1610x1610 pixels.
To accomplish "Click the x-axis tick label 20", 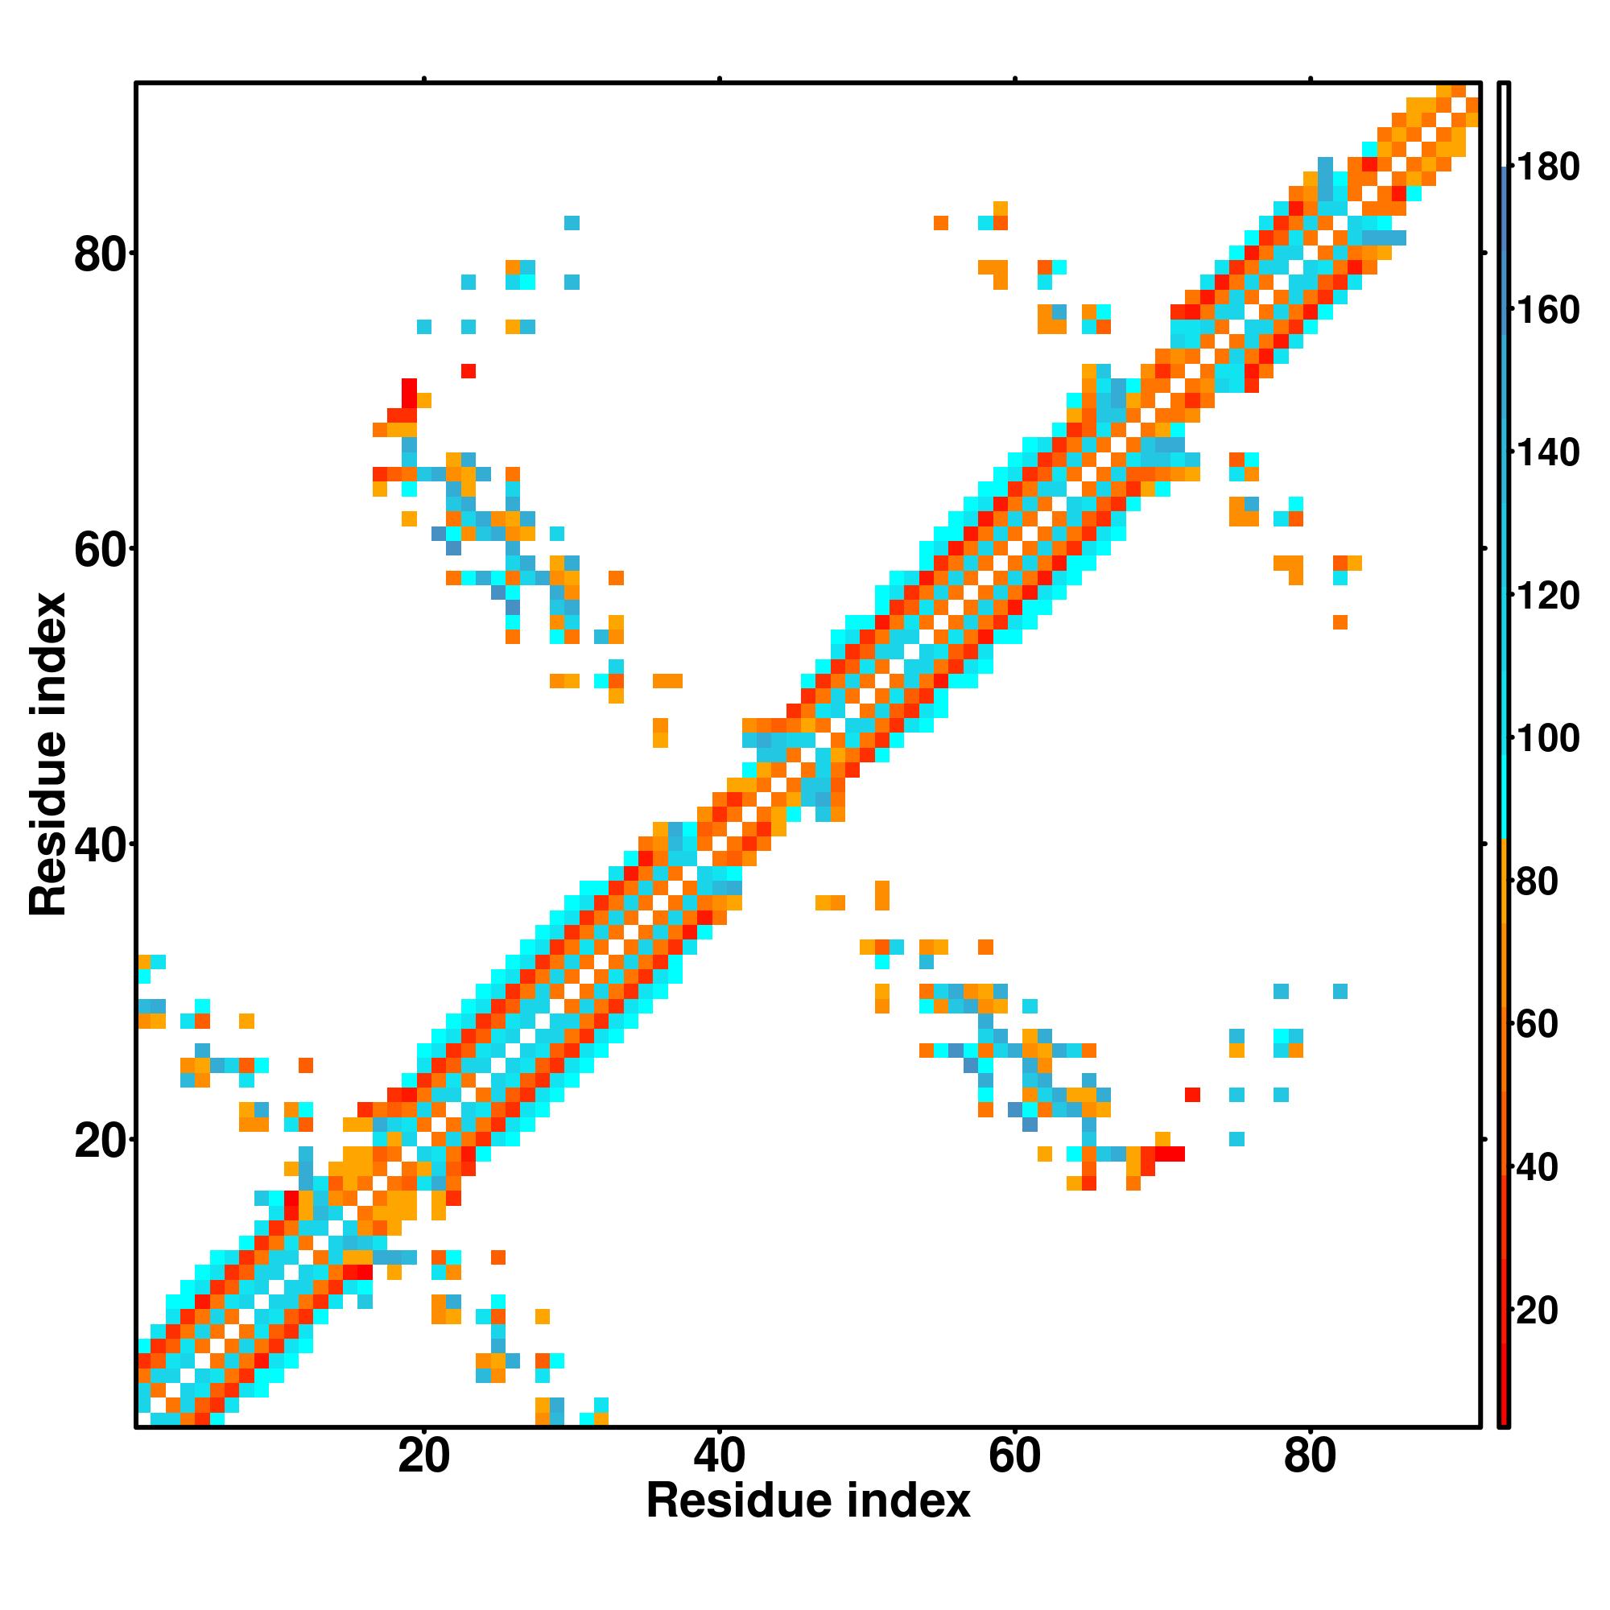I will [423, 1458].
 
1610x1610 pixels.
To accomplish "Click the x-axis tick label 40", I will [719, 1458].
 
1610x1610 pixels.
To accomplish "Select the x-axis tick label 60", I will [1014, 1458].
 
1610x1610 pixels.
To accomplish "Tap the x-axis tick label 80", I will [1310, 1458].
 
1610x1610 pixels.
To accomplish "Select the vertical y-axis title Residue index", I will [47, 755].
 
